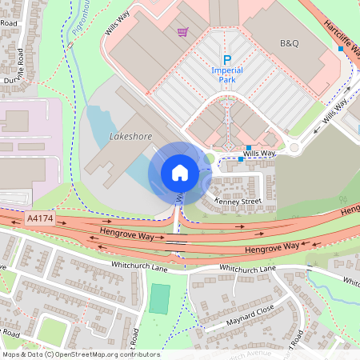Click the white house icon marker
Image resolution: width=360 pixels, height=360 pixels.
coord(180,173)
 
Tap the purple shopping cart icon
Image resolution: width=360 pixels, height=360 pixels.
coord(183,33)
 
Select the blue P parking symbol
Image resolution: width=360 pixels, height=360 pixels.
coord(226,60)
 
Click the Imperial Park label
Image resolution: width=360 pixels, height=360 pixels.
coord(226,74)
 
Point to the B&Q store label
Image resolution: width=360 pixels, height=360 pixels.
coord(288,41)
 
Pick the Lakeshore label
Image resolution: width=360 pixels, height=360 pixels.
coord(130,137)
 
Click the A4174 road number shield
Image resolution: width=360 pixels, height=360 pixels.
coord(40,218)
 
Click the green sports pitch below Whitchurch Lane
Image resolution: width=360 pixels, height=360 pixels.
coord(160,298)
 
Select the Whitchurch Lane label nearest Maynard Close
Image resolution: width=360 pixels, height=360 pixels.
coord(246,270)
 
